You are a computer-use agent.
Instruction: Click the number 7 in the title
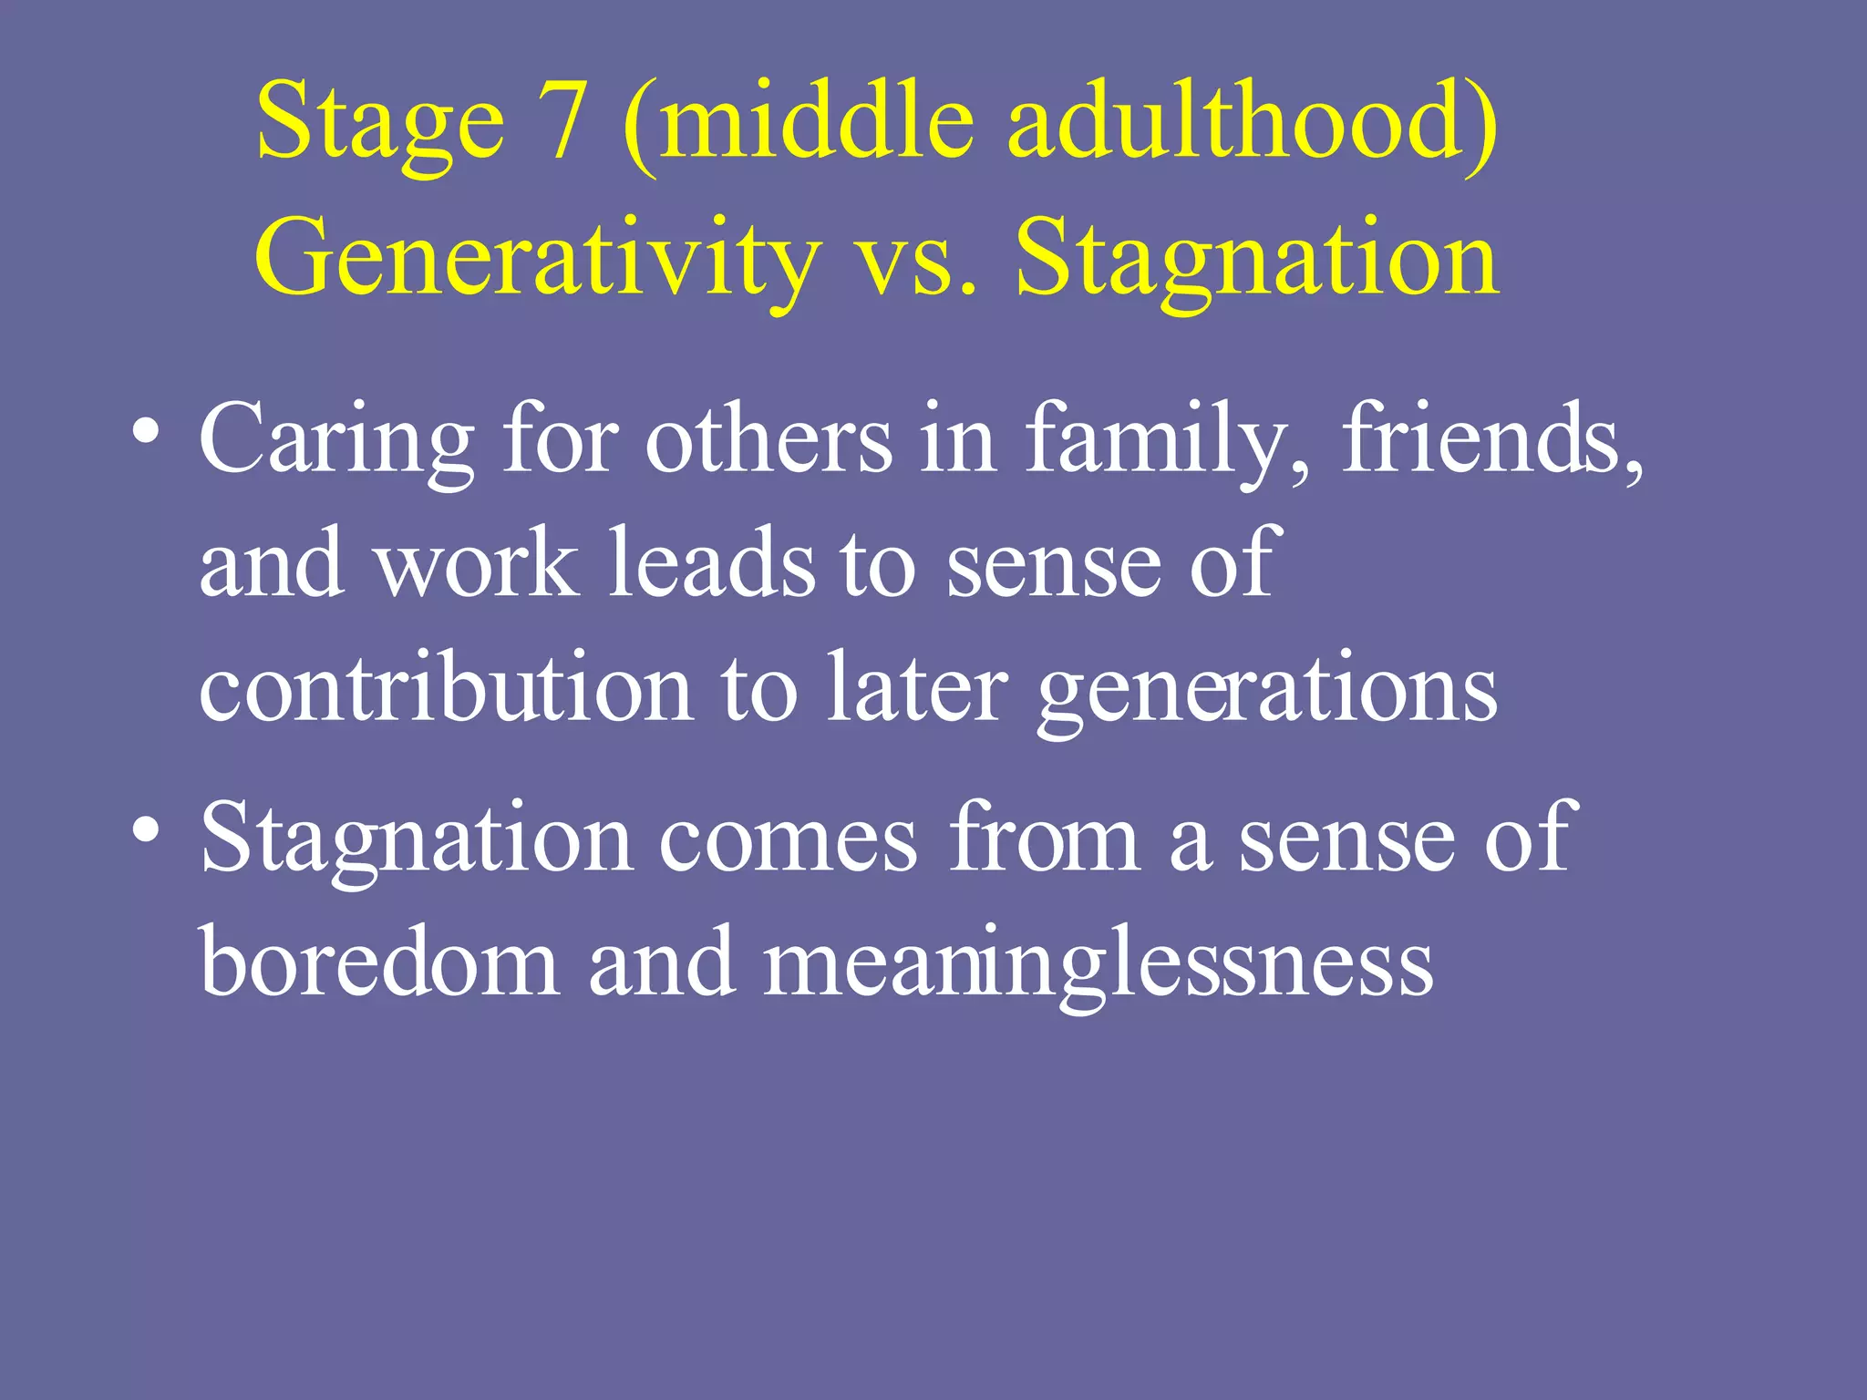[x=554, y=120]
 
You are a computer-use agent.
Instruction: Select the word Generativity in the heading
[x=536, y=260]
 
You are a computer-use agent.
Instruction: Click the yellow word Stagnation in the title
[x=1256, y=260]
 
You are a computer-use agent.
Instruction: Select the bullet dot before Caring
[x=146, y=428]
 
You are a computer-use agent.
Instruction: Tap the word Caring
[x=335, y=442]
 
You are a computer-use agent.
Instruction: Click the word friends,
[x=1491, y=442]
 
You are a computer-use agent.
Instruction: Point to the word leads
[x=711, y=565]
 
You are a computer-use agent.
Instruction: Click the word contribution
[x=445, y=688]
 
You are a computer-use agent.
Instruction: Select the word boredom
[x=379, y=962]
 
